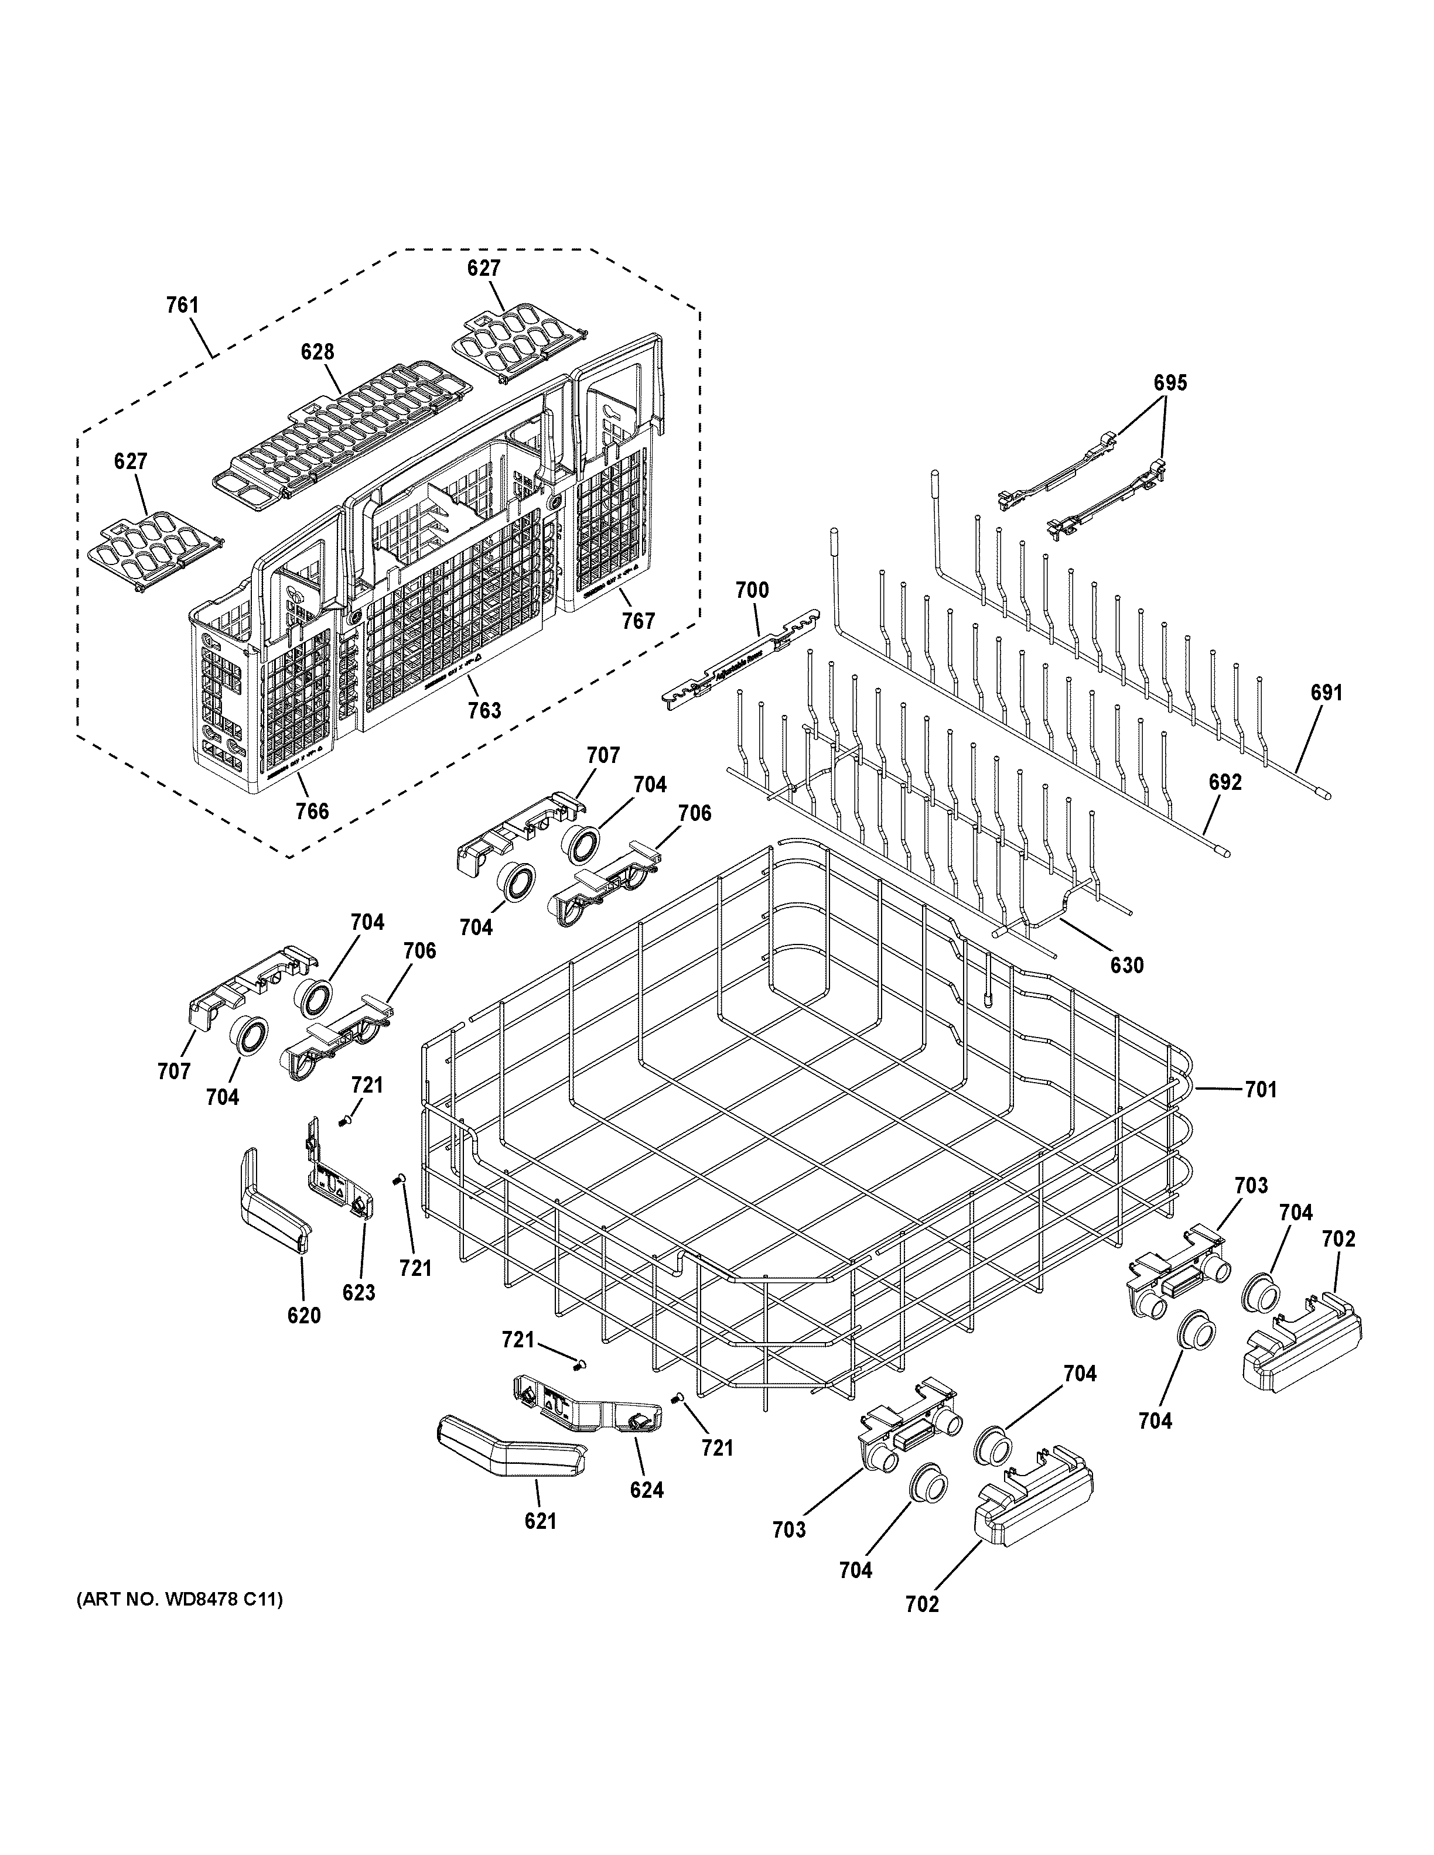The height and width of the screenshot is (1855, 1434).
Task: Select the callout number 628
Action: [317, 352]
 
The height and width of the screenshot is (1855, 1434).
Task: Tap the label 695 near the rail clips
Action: [1170, 383]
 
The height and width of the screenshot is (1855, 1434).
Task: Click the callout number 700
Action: [752, 590]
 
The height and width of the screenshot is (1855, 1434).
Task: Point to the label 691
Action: [1326, 693]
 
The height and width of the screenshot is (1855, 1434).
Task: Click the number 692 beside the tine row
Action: [1225, 782]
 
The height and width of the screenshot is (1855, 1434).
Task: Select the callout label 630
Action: [1127, 965]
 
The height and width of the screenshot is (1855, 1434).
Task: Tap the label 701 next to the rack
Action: [1261, 1089]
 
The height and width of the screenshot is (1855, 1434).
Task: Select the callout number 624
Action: [647, 1490]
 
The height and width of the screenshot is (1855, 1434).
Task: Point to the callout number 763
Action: [484, 710]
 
